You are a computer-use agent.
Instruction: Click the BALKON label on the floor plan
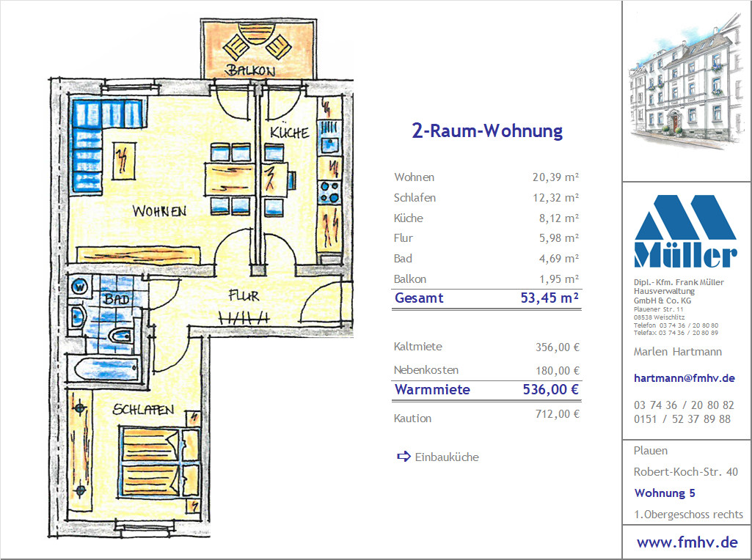pos(250,70)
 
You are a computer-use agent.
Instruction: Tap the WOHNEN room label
pos(159,211)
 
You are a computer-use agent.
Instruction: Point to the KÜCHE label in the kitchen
pos(289,132)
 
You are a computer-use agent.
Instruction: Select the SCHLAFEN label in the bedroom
pos(143,410)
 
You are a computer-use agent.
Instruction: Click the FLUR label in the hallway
pos(244,295)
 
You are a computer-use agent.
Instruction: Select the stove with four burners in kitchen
pos(329,191)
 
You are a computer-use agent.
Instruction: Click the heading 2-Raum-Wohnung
pos(487,130)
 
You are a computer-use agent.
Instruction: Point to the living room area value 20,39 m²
pos(555,177)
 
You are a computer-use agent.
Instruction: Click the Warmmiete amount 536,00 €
pos(550,389)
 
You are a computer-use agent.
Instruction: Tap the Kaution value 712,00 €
pos(558,414)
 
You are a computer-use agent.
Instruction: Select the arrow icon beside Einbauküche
pos(404,457)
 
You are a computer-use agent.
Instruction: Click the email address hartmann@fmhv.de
pos(684,378)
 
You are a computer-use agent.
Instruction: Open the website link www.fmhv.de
pos(687,542)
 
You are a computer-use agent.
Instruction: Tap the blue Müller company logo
pos(685,232)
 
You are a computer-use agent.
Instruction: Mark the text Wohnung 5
pos(664,493)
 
